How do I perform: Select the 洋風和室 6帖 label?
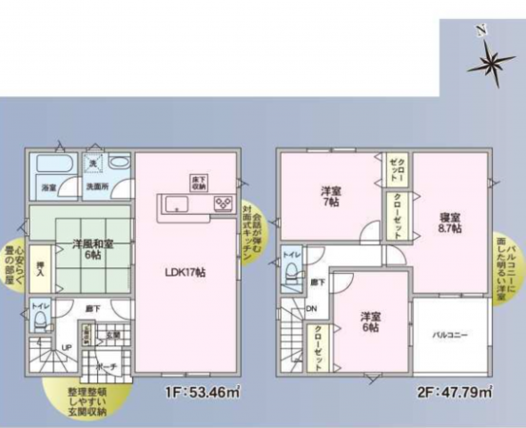(88, 249)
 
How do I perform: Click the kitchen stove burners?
(224, 203)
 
